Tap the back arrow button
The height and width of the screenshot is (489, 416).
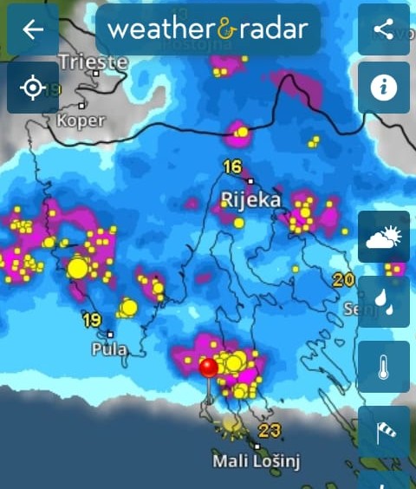click(33, 29)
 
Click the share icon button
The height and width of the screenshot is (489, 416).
click(383, 29)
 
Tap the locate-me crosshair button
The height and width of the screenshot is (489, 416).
click(33, 88)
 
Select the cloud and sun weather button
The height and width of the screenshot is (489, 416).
click(383, 237)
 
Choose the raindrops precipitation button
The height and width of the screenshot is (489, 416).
click(383, 302)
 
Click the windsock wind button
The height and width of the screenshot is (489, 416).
click(383, 431)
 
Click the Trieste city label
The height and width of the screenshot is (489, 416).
click(94, 62)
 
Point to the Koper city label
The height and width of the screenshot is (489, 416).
click(80, 121)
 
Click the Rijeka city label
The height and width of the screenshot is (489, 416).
click(251, 200)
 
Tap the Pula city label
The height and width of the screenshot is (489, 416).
click(109, 349)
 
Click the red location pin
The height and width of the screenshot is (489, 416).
click(208, 368)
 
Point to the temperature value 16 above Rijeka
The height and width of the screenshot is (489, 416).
click(231, 167)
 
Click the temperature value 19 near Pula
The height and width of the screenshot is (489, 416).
click(92, 320)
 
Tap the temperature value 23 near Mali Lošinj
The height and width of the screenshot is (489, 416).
click(269, 431)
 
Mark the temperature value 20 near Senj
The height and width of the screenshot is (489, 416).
click(344, 279)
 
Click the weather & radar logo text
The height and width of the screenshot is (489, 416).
click(207, 29)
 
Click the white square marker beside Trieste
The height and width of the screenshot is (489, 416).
click(96, 74)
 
